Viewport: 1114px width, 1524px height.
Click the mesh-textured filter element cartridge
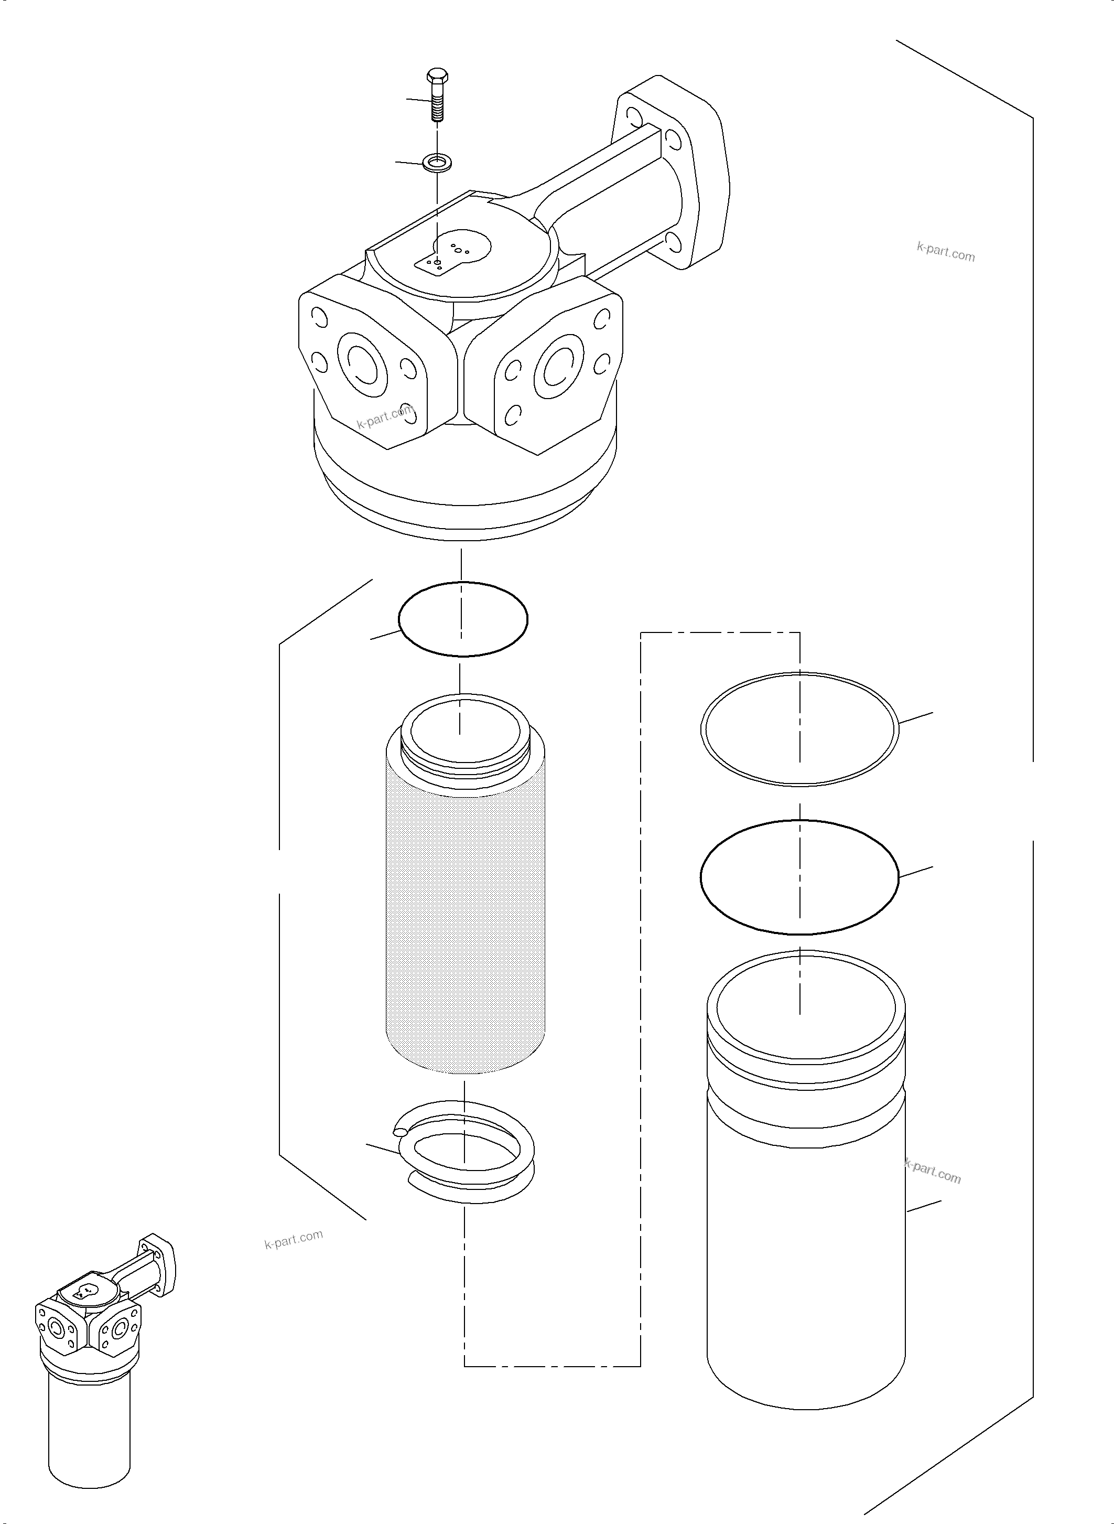tap(464, 911)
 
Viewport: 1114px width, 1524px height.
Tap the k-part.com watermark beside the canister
tap(933, 1171)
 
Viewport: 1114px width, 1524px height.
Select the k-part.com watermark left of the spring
tap(294, 1239)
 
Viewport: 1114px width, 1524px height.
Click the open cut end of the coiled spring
tap(400, 1133)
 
